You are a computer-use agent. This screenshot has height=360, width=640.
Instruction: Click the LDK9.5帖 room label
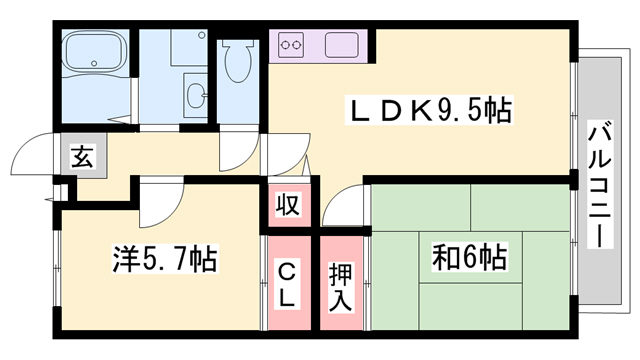[x=428, y=110]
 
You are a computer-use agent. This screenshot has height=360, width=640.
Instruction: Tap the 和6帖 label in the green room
[x=468, y=258]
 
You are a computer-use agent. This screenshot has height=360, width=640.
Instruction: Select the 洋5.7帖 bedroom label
[x=164, y=262]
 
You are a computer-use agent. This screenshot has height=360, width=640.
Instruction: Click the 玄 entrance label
[x=81, y=157]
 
